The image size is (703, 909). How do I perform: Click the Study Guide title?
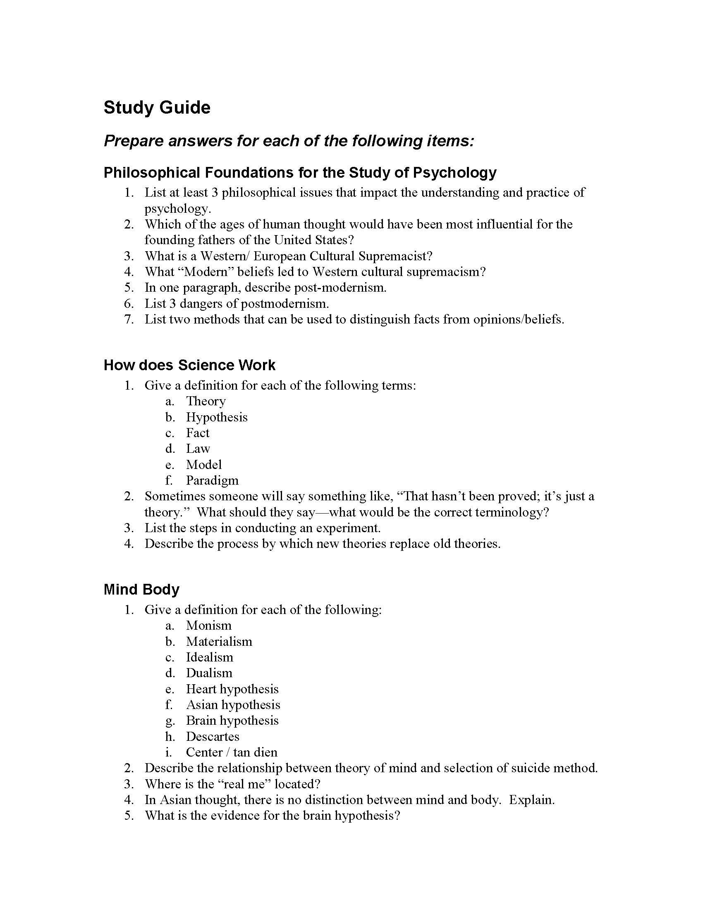(157, 107)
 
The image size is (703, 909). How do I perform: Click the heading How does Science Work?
(189, 365)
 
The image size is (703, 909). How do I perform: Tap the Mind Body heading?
(141, 589)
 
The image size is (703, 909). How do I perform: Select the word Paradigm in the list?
(212, 480)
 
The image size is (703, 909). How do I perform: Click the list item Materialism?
(219, 641)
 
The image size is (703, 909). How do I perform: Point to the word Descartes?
(213, 736)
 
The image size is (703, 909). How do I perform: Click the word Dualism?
(209, 673)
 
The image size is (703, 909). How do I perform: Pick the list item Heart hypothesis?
(232, 689)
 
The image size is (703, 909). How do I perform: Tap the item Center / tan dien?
(232, 752)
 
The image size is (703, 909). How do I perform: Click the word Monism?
(209, 626)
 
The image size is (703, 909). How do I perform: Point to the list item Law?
(198, 449)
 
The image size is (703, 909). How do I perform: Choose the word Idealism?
(210, 657)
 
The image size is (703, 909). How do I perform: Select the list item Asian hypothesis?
(233, 704)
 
